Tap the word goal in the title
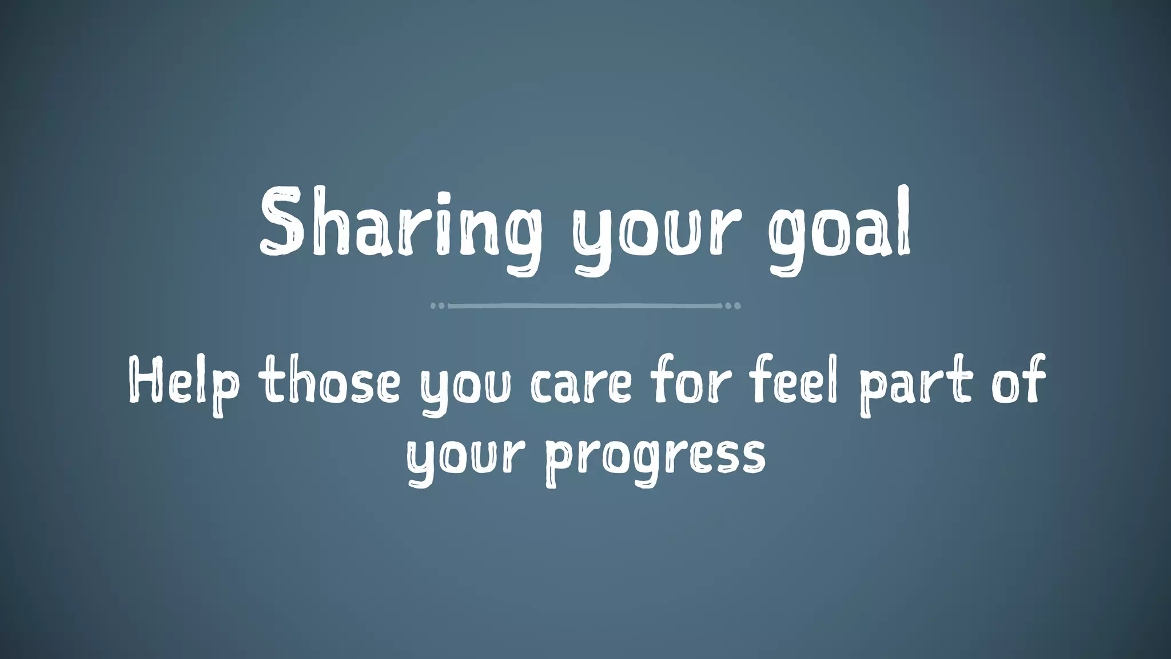[839, 229]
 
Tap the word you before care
[465, 386]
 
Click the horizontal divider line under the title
[585, 306]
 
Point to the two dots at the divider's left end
[437, 306]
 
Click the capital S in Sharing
[281, 223]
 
